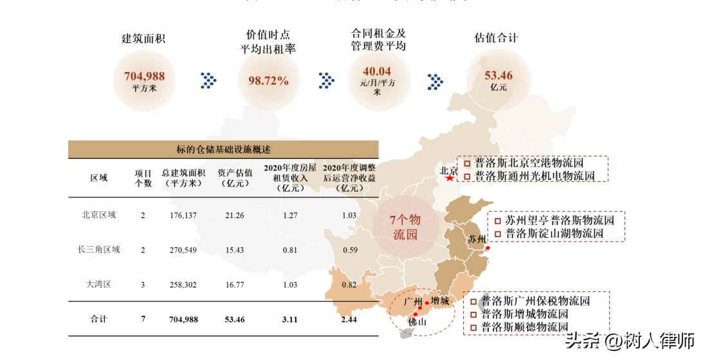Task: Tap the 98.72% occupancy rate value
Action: coord(268,81)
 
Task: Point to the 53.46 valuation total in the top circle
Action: coord(499,76)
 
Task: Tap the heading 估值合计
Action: coord(496,38)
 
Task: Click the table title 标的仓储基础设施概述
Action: coord(223,150)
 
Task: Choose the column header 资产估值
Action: coord(233,177)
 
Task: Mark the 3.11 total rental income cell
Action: coord(289,319)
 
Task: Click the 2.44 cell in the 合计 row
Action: coord(349,319)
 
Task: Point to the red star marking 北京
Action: coord(449,177)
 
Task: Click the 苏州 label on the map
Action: coord(477,239)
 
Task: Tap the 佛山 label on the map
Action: coord(417,323)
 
